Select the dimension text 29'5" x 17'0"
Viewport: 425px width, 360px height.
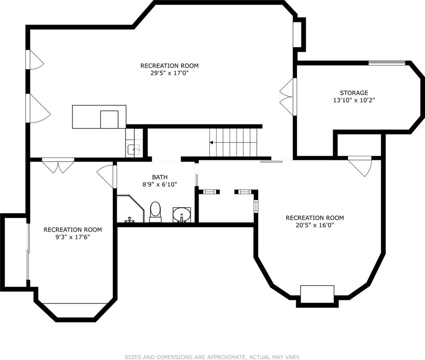point(169,73)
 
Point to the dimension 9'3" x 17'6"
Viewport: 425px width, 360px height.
point(72,237)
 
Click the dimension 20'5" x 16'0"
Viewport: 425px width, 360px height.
point(314,225)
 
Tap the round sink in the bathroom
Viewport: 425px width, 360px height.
point(182,214)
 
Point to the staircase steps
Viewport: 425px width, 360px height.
point(234,142)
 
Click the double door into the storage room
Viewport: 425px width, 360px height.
point(288,96)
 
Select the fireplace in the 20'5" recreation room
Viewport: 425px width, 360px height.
point(317,294)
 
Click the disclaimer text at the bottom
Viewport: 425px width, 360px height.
point(212,357)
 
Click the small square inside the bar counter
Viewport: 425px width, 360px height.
point(109,119)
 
